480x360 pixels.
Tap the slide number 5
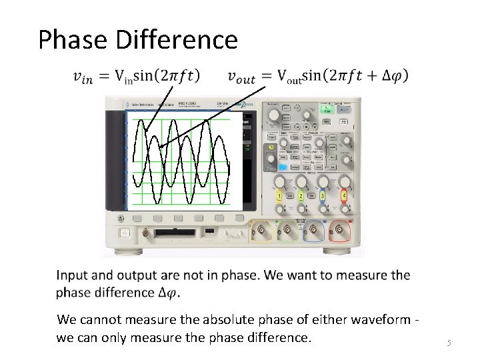[449, 343]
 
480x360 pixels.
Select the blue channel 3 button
[322, 196]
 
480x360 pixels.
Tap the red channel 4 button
[343, 196]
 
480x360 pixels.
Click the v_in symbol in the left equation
[83, 77]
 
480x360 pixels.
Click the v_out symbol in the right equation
[241, 77]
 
